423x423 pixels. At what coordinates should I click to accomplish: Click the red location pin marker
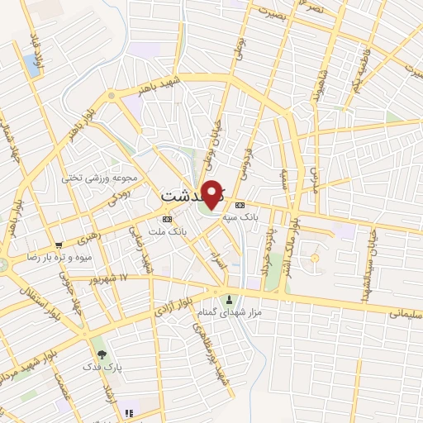(213, 194)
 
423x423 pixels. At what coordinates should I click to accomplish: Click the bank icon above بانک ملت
(169, 219)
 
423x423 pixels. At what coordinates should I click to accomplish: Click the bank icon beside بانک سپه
(240, 204)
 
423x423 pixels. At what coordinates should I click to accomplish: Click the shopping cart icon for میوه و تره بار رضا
(59, 245)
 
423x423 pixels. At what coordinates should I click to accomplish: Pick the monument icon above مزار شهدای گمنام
(230, 299)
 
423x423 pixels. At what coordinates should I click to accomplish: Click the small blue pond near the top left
(32, 64)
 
